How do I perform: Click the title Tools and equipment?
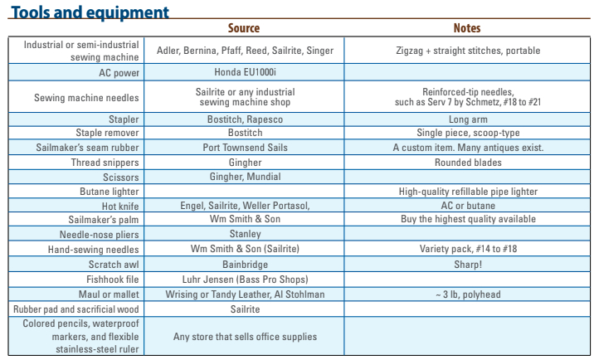(x=90, y=12)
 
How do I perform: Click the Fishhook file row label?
(x=114, y=280)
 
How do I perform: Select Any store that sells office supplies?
(x=245, y=336)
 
